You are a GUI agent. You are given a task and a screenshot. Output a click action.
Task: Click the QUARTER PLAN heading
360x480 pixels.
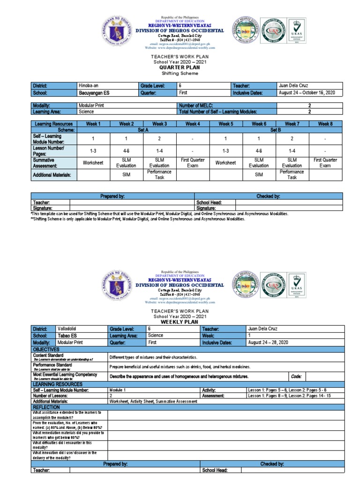[x=180, y=67]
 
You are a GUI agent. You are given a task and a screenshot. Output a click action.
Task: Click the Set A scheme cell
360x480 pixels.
[x=143, y=130]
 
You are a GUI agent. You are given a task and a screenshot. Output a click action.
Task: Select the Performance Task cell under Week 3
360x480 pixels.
[x=159, y=175]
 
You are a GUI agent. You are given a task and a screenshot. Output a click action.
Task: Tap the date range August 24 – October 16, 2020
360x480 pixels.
[x=307, y=93]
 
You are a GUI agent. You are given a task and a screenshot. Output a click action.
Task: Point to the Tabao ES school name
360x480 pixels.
[x=66, y=336]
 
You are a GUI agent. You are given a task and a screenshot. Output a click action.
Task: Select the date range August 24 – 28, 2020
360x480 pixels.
[x=268, y=343]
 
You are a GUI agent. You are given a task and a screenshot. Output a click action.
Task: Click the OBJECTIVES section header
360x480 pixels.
[x=46, y=350]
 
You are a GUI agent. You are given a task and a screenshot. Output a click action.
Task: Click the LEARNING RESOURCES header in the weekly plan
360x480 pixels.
[x=55, y=384]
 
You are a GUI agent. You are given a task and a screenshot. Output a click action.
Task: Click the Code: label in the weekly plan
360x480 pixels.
[x=296, y=376]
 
